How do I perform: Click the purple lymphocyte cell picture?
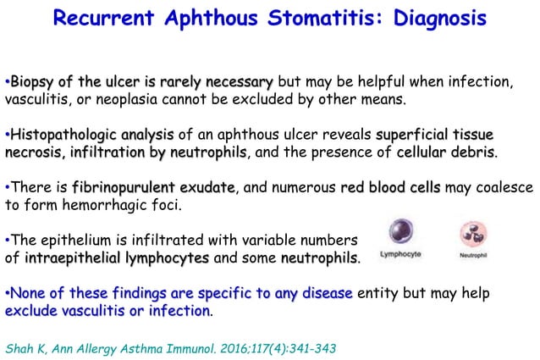[398, 233]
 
